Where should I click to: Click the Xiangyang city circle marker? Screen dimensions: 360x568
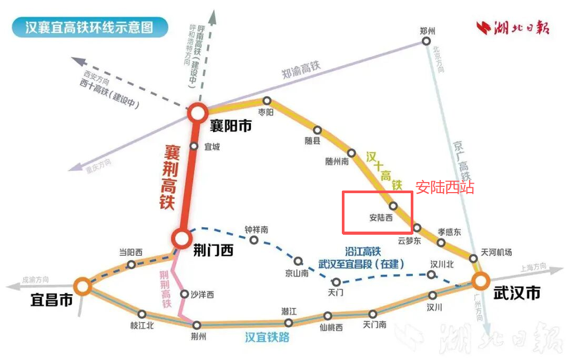coord(198,113)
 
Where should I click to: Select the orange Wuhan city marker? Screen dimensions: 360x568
coord(480,281)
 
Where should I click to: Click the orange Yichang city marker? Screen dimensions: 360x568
coord(82,286)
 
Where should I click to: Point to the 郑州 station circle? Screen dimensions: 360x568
coord(427,41)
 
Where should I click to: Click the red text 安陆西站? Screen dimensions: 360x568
coord(444,187)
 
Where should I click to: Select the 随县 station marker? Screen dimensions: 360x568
coord(318,129)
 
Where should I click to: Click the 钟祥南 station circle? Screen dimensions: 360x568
coord(254,240)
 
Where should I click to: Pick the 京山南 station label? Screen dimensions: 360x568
coord(297,273)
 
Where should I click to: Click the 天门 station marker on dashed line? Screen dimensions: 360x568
coord(336,282)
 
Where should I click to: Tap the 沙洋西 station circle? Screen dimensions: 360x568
coord(184,294)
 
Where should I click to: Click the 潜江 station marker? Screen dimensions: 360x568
coord(288,323)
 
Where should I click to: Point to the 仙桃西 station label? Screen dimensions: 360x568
coord(331,327)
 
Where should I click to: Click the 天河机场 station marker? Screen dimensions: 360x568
coord(473,258)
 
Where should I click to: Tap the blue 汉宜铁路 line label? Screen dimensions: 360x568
coord(267,337)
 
